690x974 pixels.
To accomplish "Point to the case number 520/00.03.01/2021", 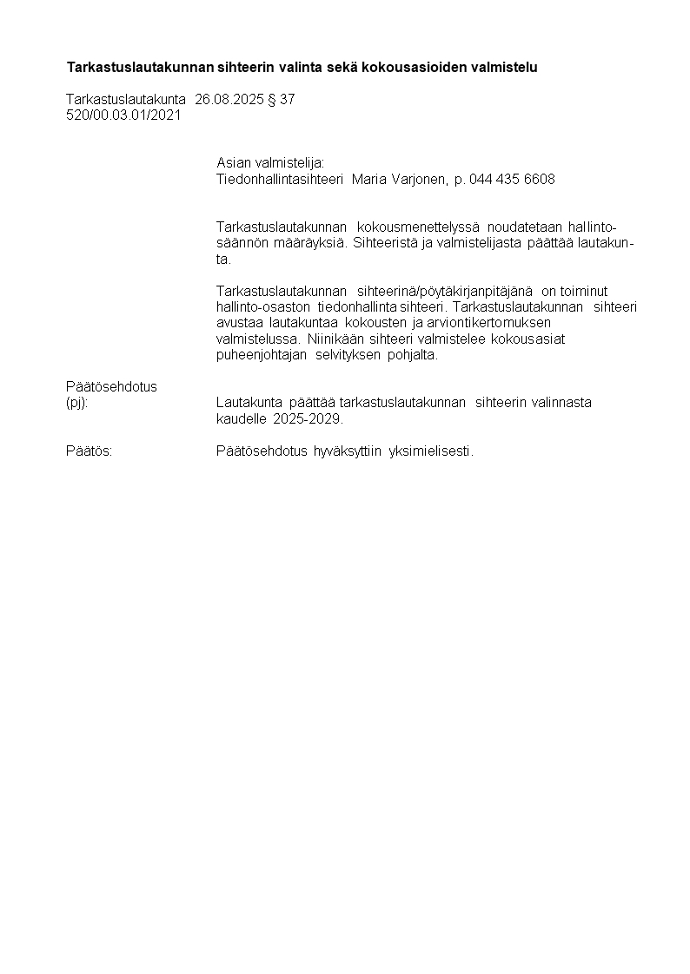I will pos(123,115).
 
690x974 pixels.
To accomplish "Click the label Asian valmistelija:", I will pos(269,163).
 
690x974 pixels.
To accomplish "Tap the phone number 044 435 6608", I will pos(512,180).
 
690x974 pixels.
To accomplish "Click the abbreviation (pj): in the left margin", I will pos(77,403).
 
